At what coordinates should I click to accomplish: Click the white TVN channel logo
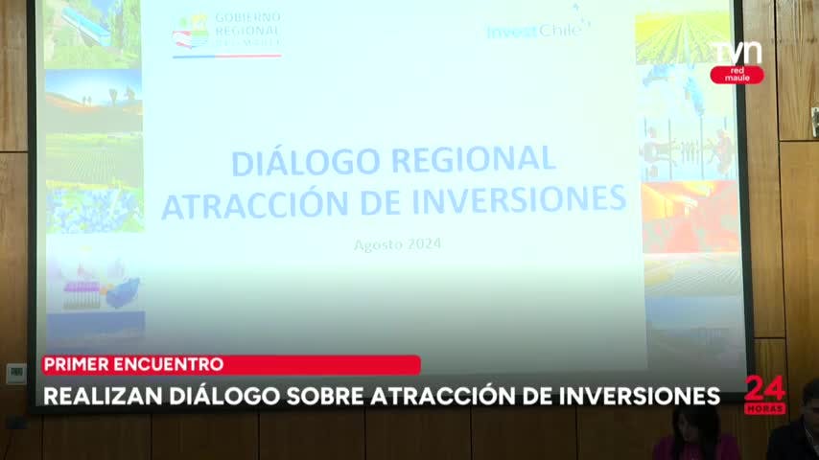coord(737,52)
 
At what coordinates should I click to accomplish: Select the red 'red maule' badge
coord(737,75)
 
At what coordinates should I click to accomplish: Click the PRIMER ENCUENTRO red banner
coord(230,364)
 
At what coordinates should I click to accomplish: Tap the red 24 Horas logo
coord(764,394)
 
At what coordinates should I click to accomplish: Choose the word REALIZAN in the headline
coord(94,396)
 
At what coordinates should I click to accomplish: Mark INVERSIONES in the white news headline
coord(628,396)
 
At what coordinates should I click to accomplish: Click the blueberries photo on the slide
coord(94,209)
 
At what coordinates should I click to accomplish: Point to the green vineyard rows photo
coord(682,38)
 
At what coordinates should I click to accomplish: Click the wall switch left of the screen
coord(16,373)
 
